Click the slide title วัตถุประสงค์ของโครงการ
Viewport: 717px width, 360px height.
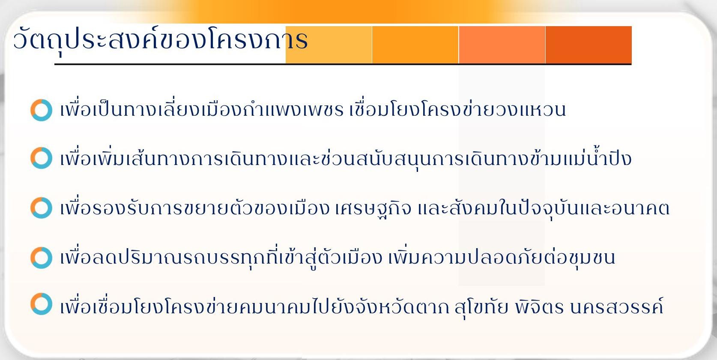[x=160, y=40]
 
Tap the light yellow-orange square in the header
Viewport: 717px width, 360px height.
[x=329, y=45]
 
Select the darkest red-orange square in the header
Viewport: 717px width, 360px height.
[x=589, y=45]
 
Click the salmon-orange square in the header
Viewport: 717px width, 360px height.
[x=502, y=45]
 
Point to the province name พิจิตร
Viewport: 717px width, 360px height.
[x=539, y=306]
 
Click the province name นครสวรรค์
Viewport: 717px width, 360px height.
[x=617, y=306]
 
